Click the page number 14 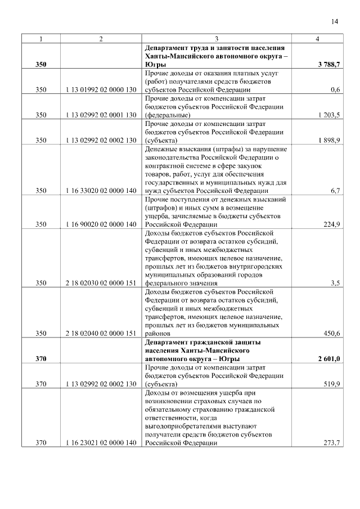(x=335, y=21)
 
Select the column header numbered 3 (x=217, y=39)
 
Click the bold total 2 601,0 (x=329, y=359)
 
